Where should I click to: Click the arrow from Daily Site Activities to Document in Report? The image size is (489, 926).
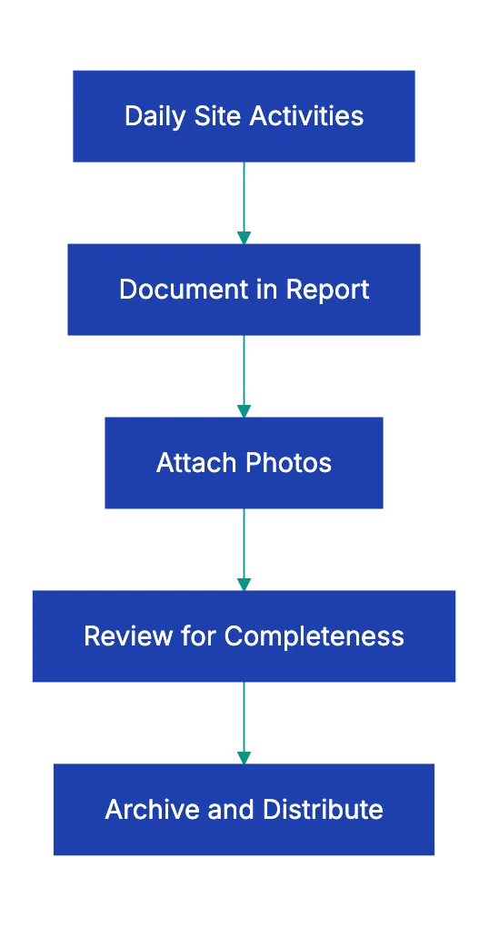[x=244, y=202]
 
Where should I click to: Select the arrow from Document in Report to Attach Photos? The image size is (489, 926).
[x=244, y=376]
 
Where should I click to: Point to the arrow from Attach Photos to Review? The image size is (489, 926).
[x=244, y=550]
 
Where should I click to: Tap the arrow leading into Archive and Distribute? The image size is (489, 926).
[x=244, y=723]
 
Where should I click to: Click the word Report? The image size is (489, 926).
[x=327, y=290]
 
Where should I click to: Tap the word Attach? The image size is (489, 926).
[x=190, y=463]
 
